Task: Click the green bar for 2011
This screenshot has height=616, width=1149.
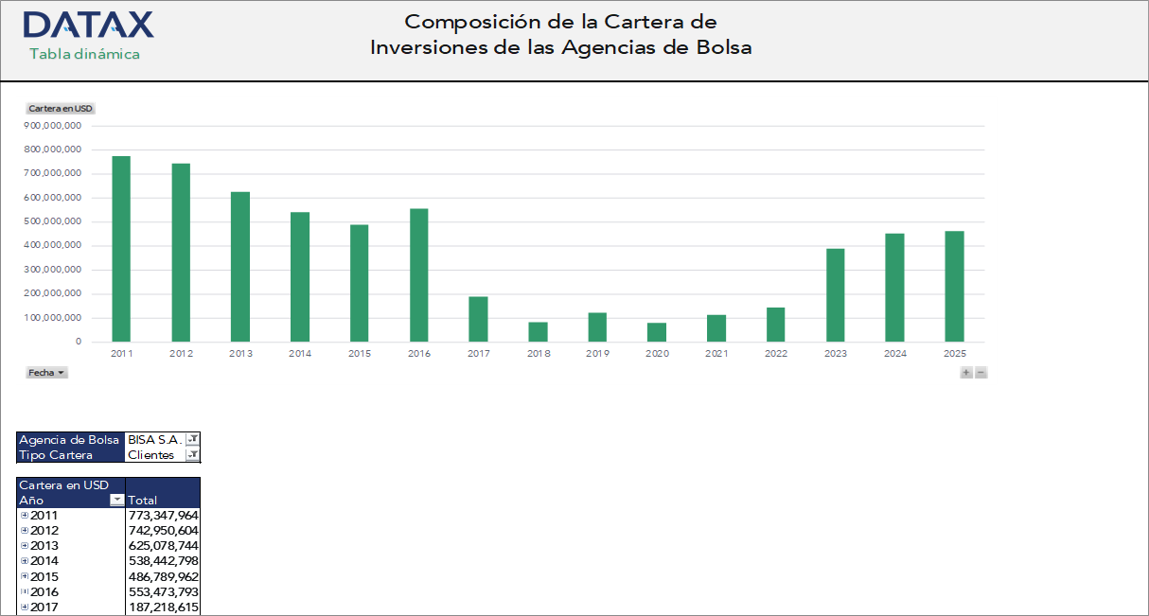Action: [x=121, y=249]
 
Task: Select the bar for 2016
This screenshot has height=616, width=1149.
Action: [x=419, y=275]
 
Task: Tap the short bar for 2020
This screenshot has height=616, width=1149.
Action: [x=657, y=332]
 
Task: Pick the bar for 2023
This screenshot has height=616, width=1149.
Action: [x=835, y=295]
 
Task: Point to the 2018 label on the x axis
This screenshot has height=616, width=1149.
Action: [x=539, y=354]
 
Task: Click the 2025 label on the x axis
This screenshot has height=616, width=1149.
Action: [x=954, y=354]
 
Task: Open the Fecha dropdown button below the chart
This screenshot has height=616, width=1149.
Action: [x=46, y=373]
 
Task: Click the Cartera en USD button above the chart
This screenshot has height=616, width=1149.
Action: [x=61, y=109]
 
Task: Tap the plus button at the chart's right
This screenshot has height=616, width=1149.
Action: [x=966, y=373]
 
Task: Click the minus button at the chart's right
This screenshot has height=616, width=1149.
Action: [x=981, y=373]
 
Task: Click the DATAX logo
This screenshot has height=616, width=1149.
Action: [x=87, y=26]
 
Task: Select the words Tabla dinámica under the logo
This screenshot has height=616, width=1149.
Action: [x=84, y=54]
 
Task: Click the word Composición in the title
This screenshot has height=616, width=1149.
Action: [x=464, y=22]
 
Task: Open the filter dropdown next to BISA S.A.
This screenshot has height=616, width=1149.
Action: [x=193, y=439]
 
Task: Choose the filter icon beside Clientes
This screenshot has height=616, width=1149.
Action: [x=193, y=455]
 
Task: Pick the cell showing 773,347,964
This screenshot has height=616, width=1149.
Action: [x=163, y=516]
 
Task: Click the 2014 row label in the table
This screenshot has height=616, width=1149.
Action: [x=44, y=561]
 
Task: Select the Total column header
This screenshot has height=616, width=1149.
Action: [x=143, y=501]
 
